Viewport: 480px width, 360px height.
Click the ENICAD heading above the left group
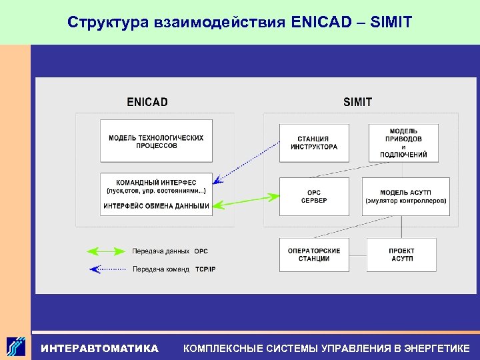[147, 102]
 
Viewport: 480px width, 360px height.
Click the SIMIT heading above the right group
[357, 102]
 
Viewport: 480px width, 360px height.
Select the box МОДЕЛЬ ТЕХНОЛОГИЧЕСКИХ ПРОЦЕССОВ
[156, 141]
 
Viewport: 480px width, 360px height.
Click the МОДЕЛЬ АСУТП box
[405, 197]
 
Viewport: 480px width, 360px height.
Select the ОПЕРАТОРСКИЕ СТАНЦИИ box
[313, 255]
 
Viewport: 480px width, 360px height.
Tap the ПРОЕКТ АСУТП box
[401, 255]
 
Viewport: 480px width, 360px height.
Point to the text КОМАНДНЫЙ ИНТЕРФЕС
[156, 182]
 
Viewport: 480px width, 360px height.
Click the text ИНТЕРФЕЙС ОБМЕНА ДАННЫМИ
[156, 206]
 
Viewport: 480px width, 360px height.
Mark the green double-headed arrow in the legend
[106, 251]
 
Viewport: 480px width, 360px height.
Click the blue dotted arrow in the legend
[106, 269]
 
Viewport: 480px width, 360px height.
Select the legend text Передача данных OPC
[170, 251]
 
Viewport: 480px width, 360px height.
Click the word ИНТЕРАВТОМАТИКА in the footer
[100, 348]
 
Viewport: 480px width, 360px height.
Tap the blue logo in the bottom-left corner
[16, 347]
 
